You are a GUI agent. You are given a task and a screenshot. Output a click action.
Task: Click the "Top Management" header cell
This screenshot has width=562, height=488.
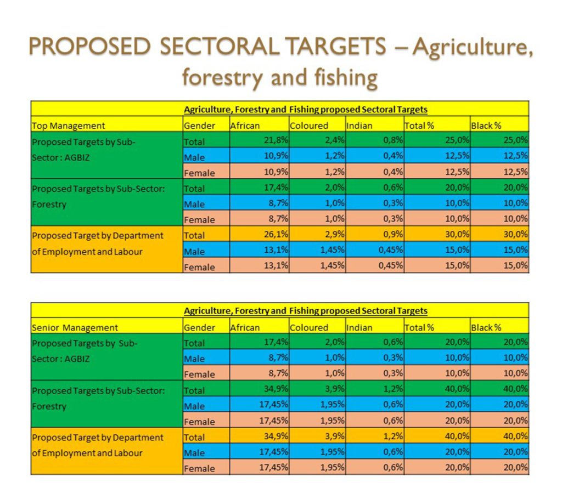[69, 126]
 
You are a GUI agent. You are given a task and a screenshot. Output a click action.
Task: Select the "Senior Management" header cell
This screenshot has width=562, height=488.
[75, 328]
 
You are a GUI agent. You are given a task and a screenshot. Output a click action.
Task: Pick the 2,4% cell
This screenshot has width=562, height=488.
[318, 141]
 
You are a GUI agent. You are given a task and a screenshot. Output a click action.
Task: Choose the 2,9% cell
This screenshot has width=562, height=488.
[318, 235]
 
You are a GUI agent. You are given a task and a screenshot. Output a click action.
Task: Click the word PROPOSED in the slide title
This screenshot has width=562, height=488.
[89, 47]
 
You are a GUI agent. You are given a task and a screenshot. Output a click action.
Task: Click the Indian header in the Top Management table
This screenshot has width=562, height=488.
[359, 126]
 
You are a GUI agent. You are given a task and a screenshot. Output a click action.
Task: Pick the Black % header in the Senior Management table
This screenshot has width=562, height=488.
[486, 328]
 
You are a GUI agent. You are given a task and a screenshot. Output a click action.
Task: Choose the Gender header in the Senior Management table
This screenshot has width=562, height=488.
[200, 328]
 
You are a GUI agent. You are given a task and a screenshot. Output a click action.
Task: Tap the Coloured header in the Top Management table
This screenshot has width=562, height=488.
[309, 126]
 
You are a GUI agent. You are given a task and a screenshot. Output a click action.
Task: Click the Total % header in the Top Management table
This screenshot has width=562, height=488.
[419, 126]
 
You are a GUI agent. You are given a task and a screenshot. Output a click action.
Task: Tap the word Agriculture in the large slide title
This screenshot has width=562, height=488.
[473, 47]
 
